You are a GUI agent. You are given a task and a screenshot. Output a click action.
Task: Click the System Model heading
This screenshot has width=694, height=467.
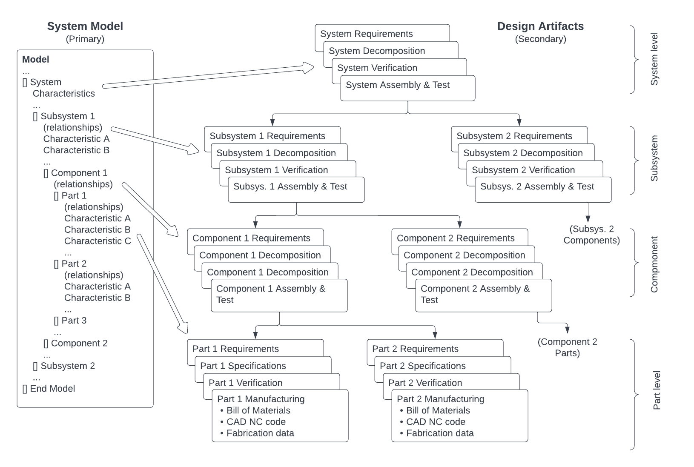[85, 26]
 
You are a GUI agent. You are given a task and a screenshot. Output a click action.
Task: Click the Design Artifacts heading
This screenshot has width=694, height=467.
[540, 26]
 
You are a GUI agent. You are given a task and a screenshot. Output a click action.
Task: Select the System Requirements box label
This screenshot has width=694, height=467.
[366, 34]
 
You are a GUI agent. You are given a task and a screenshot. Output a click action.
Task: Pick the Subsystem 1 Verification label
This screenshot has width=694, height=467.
[276, 170]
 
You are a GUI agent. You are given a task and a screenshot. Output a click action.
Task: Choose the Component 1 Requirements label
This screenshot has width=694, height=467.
[251, 238]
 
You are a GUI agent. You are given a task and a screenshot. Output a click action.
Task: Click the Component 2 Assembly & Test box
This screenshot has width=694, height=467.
[483, 295]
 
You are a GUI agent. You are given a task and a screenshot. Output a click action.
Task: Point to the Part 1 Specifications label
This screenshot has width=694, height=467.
[243, 366]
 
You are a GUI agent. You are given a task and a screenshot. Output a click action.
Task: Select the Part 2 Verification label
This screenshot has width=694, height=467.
[425, 383]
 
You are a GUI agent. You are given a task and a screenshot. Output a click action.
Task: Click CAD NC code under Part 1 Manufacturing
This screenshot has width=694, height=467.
[256, 422]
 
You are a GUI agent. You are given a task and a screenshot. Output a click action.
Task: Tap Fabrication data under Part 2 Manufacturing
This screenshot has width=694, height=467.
[440, 433]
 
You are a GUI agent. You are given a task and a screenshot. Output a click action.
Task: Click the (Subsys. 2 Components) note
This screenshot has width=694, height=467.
[591, 235]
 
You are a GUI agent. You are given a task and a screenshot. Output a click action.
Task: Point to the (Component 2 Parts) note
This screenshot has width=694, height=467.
[567, 347]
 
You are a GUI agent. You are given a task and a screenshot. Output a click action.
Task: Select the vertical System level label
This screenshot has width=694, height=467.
[654, 59]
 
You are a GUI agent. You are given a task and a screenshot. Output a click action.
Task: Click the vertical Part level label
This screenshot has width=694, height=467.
[657, 390]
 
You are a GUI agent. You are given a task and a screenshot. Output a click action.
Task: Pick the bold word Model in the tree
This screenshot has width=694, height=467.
[36, 60]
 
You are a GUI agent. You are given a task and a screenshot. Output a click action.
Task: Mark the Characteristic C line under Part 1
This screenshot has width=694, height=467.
[98, 241]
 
